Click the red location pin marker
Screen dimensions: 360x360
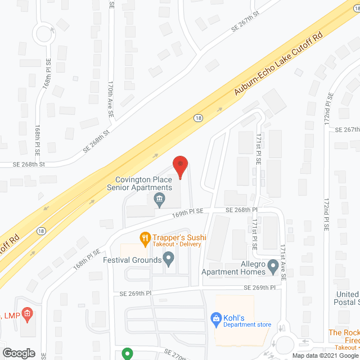(x=180, y=166)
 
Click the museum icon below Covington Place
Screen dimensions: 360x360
(x=159, y=198)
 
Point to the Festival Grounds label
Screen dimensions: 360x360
(x=130, y=260)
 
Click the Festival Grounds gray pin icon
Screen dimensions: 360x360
(x=168, y=259)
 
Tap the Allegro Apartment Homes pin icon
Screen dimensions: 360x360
(x=273, y=264)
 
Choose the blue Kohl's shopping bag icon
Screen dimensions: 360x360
(x=215, y=318)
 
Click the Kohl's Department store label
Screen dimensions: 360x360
(x=247, y=321)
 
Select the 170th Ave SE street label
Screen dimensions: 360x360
(x=111, y=97)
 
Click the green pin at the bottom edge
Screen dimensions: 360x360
(x=128, y=354)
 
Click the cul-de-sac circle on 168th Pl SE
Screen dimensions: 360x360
(x=44, y=33)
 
